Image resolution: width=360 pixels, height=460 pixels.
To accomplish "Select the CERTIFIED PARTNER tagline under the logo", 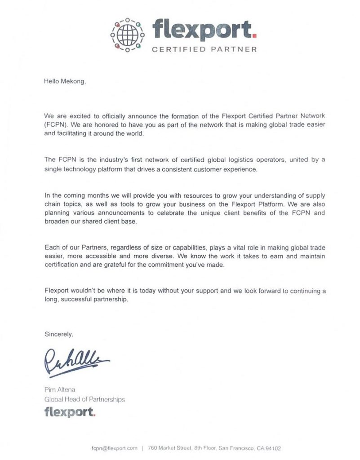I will coord(204,49).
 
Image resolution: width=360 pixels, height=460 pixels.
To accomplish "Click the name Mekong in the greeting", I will coord(72,81).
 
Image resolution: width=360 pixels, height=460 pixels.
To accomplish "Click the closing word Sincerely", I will coord(58,334).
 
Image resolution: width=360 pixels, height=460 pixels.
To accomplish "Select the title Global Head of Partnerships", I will coord(84,399).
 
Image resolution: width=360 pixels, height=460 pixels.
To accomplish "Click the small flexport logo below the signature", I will coord(70,412).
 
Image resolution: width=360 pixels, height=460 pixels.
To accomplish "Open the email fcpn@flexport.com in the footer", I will coord(114,448).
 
